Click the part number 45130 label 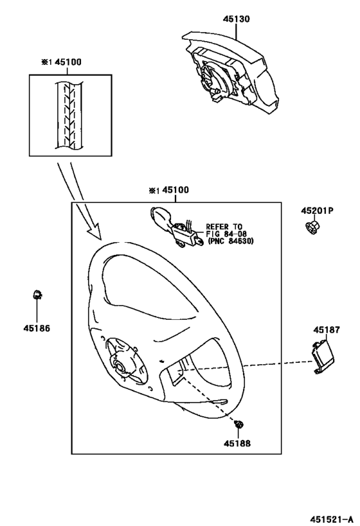[x=237, y=19]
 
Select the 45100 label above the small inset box [x=68, y=62]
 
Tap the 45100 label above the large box [x=175, y=190]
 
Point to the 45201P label [x=317, y=211]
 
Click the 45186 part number [x=37, y=328]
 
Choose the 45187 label [x=327, y=329]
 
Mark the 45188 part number [x=237, y=443]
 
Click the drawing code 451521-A [x=332, y=520]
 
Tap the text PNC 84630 [x=231, y=241]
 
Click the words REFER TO [x=224, y=227]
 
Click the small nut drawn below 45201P [x=313, y=227]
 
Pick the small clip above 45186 [x=37, y=295]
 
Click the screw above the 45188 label [x=239, y=425]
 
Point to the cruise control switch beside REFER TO [x=176, y=227]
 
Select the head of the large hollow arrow [x=95, y=231]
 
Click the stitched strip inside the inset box [x=68, y=116]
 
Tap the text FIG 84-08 [x=224, y=234]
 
